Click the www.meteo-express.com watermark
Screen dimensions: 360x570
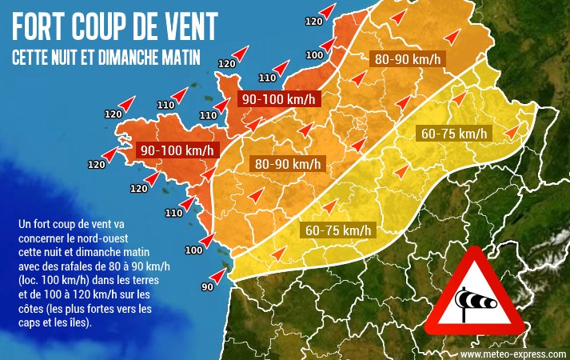click(512, 353)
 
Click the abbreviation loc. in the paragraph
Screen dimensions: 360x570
click(29, 281)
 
